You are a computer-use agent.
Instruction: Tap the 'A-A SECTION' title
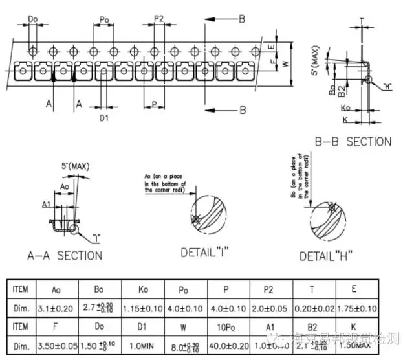click(x=61, y=256)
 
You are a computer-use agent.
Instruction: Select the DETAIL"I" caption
click(x=206, y=251)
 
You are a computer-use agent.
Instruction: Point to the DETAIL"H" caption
click(x=325, y=256)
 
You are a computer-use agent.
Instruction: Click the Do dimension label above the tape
click(x=34, y=19)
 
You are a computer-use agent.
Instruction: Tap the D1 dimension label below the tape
click(x=103, y=117)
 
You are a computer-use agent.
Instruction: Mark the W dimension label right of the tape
click(x=285, y=63)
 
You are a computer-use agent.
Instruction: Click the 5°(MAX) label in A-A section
click(x=74, y=166)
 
